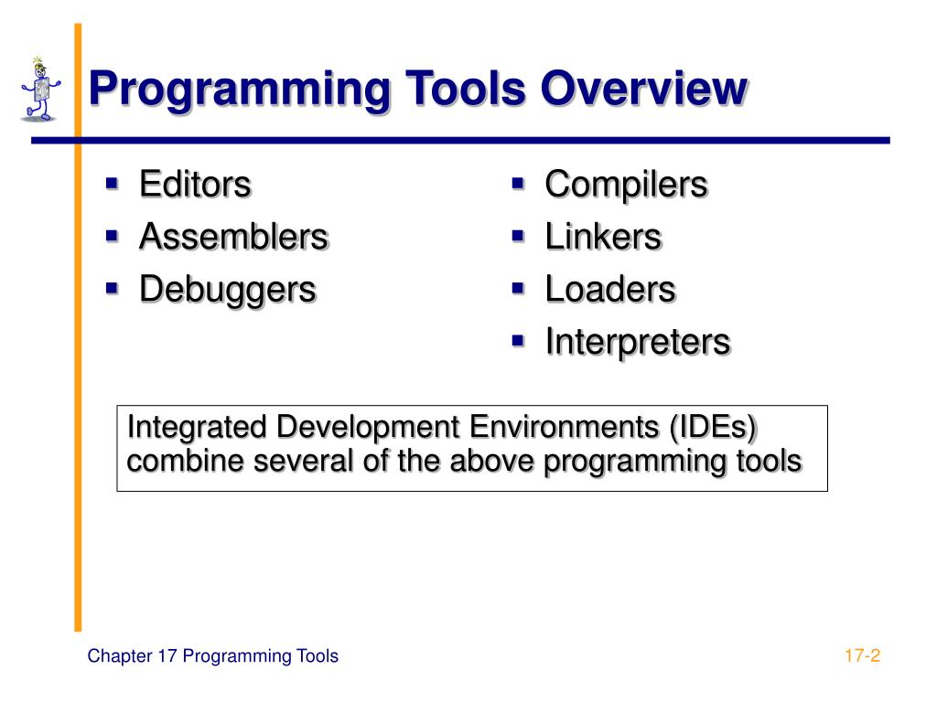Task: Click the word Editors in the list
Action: click(194, 185)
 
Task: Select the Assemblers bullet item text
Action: click(232, 237)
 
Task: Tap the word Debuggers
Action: click(227, 290)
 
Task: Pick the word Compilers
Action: click(626, 185)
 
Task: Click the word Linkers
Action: click(602, 237)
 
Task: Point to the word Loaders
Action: click(609, 290)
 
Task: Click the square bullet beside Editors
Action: click(113, 184)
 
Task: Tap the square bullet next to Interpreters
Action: click(518, 341)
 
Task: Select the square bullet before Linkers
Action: click(518, 236)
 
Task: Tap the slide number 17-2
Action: click(861, 655)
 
